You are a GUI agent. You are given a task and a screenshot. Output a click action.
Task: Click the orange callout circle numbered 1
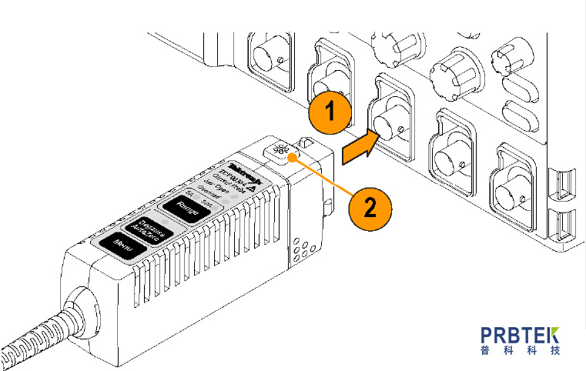click(x=330, y=112)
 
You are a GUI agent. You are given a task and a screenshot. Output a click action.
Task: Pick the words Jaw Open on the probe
click(x=216, y=183)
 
